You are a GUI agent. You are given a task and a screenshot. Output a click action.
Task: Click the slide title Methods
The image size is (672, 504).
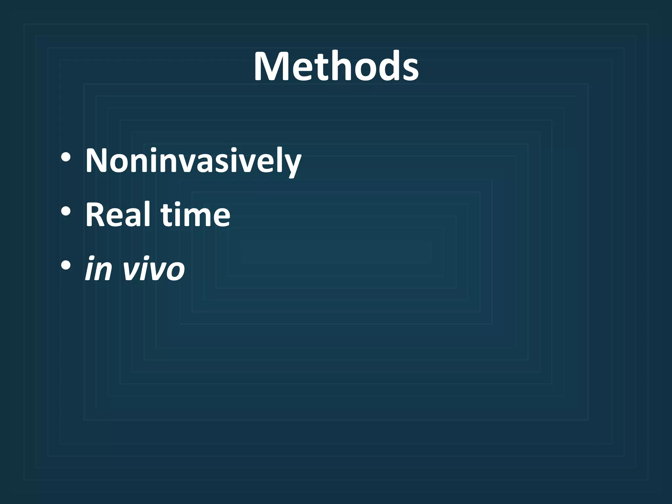click(336, 67)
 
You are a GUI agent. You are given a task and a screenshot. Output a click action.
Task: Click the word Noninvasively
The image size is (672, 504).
click(193, 161)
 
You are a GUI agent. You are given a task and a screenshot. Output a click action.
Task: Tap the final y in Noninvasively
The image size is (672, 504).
click(291, 164)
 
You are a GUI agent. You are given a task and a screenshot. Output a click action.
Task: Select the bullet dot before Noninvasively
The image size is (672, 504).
click(66, 157)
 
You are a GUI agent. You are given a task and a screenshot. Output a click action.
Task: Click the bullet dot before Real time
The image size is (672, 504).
click(66, 211)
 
